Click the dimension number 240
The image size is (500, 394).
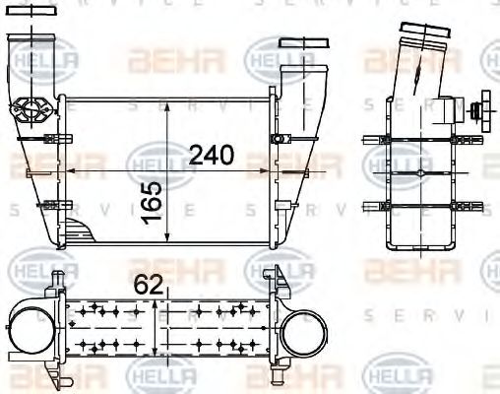point(211,154)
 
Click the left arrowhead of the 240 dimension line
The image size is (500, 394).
point(65,169)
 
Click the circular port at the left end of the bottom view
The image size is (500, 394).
point(26,332)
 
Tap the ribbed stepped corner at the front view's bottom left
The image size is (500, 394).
point(80,232)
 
